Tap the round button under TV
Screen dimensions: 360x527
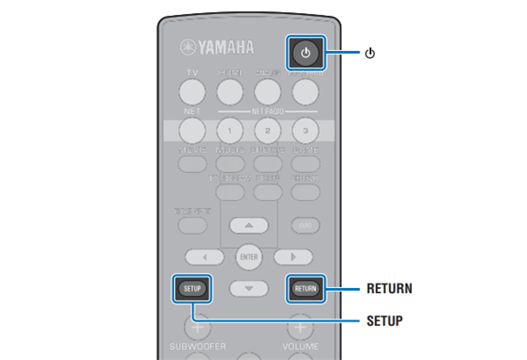tap(192, 90)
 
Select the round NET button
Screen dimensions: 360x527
tap(192, 130)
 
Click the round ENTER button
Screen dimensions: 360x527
tap(249, 257)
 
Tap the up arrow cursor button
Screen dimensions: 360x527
tap(249, 225)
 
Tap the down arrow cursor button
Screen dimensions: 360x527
tap(249, 288)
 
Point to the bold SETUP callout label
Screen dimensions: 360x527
tap(386, 320)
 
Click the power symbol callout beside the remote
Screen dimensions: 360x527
tap(370, 53)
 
